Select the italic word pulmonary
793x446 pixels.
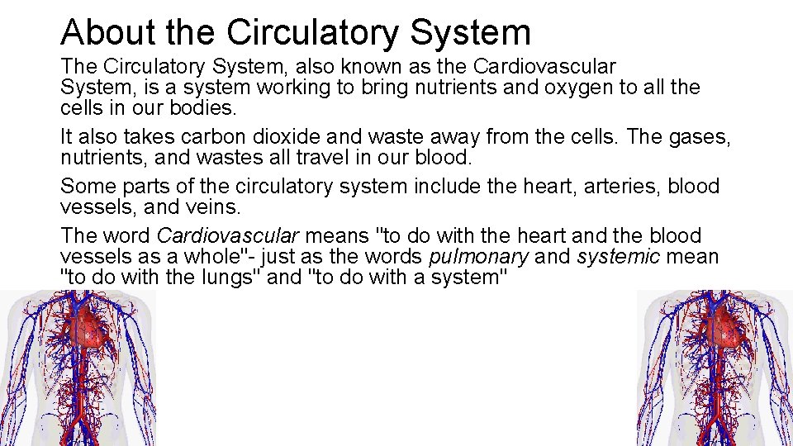(479, 257)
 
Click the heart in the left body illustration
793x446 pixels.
(92, 327)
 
